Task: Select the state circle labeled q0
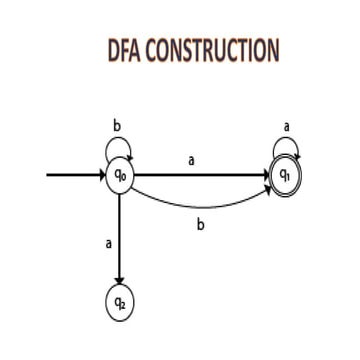point(120,176)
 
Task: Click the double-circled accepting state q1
point(285,176)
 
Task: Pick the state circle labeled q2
point(120,303)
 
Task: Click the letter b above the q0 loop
point(117,127)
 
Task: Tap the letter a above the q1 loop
point(287,127)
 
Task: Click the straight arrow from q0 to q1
point(200,176)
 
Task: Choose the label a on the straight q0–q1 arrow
point(191,159)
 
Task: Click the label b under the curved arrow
point(201,225)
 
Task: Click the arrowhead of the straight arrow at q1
point(266,176)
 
